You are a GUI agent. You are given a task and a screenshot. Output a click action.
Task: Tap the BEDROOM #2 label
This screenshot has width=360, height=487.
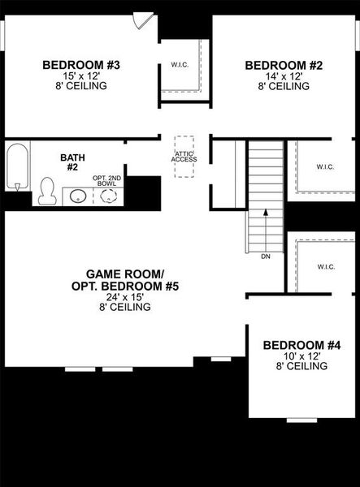(274, 66)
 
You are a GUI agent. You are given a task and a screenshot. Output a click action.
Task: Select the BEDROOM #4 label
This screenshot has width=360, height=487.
(301, 346)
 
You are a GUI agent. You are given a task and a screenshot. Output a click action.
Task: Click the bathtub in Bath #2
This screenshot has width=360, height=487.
(17, 166)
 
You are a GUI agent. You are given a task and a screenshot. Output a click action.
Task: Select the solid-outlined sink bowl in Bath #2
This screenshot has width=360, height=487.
(79, 196)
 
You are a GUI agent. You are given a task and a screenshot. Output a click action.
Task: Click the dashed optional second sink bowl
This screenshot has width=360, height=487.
(106, 196)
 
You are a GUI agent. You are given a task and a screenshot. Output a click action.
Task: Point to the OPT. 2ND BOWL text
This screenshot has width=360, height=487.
(105, 180)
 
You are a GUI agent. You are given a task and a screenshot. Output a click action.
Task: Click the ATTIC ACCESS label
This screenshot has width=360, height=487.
(184, 157)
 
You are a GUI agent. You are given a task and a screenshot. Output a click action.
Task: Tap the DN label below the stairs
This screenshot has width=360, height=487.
(265, 256)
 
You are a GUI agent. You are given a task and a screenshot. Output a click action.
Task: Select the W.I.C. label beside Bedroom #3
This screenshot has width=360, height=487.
(180, 64)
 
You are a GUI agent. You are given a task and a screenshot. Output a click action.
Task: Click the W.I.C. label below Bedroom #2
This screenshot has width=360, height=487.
(325, 167)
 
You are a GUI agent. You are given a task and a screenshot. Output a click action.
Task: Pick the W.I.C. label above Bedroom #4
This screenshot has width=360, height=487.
(326, 266)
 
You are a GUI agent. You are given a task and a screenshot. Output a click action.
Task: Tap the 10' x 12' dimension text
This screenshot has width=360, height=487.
(301, 356)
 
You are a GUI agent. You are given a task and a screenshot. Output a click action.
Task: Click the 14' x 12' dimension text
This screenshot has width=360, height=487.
(274, 76)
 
